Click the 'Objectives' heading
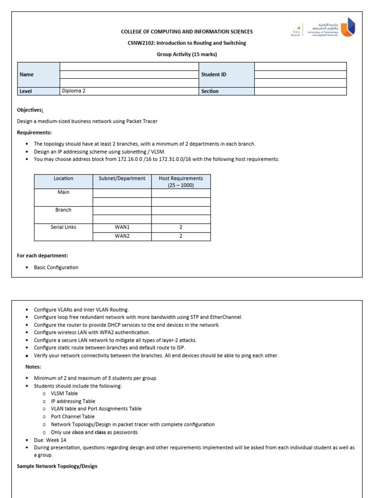pyautogui.click(x=30, y=110)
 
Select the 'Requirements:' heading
pyautogui.click(x=34, y=132)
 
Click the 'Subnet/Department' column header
pyautogui.click(x=122, y=178)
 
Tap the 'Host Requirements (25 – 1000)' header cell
pyautogui.click(x=181, y=181)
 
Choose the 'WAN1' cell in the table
pyautogui.click(x=122, y=227)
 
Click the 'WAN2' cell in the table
pyautogui.click(x=122, y=236)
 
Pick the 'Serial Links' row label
pyautogui.click(x=63, y=227)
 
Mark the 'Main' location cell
pyautogui.click(x=63, y=192)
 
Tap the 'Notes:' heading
pyautogui.click(x=33, y=367)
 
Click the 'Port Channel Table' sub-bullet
pyautogui.click(x=73, y=416)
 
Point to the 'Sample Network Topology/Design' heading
pyautogui.click(x=57, y=466)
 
